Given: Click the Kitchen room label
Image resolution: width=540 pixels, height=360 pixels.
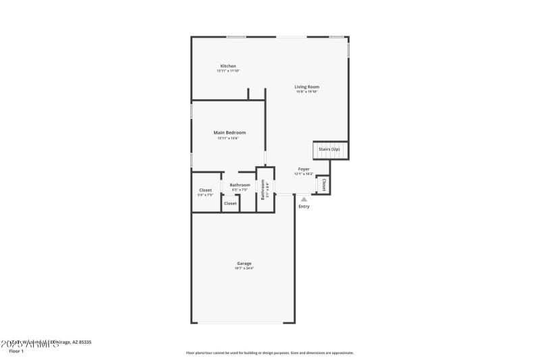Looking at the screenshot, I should coord(228,66).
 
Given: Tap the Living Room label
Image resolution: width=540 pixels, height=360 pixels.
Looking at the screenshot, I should coord(306,86).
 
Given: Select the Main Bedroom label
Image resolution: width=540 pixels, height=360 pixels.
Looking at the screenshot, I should coord(230,132).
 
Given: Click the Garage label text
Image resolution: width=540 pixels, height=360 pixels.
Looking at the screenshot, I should coord(244,263).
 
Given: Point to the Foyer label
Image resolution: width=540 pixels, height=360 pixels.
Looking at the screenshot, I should coord(304,169).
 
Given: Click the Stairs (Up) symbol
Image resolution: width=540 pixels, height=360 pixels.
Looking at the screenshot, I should coord(329,149).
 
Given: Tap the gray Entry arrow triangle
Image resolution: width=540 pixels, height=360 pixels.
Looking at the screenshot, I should coord(304,199).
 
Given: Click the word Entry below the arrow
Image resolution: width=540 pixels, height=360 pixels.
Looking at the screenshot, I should coord(304,206).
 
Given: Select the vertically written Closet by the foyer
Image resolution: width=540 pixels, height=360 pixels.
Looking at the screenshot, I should coord(323,184).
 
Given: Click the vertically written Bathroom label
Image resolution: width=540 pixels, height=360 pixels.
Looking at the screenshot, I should coord(263,190).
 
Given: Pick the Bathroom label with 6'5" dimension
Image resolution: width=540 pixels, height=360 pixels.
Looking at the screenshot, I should coord(240,185).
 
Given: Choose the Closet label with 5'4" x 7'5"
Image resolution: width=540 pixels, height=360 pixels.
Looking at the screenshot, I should coord(205,190).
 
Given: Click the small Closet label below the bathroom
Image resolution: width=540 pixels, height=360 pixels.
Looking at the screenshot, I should coord(230,203).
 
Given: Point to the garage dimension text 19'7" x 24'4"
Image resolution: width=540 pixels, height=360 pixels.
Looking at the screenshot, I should coord(244,268).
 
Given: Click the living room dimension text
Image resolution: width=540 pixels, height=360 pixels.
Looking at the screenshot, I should coord(306,92).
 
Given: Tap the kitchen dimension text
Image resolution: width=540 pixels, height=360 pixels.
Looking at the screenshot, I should coord(228,71).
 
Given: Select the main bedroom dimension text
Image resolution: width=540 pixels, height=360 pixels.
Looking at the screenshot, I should coord(230,138).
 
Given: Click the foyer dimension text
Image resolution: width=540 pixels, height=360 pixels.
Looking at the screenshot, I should coord(304,174).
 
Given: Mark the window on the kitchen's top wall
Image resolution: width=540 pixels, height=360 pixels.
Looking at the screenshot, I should coord(236,36).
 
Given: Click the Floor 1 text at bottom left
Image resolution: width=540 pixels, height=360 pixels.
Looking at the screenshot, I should coord(16,351).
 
